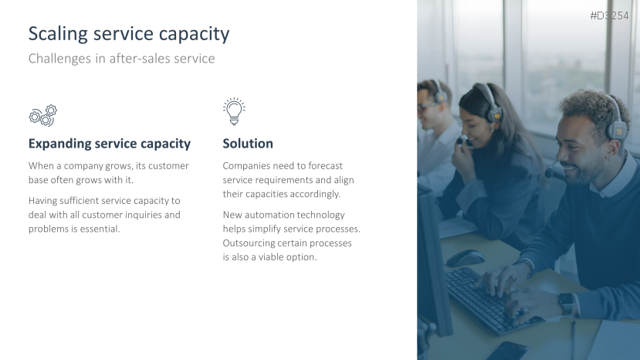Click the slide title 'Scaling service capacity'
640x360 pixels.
(x=129, y=34)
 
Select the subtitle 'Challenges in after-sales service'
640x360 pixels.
(x=121, y=59)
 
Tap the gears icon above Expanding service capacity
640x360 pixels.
(x=43, y=115)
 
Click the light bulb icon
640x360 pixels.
(x=233, y=111)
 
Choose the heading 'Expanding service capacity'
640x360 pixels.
(x=109, y=144)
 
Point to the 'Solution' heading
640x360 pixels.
(x=248, y=144)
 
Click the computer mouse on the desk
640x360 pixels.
(x=465, y=257)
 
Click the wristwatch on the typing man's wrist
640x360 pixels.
(x=566, y=302)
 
